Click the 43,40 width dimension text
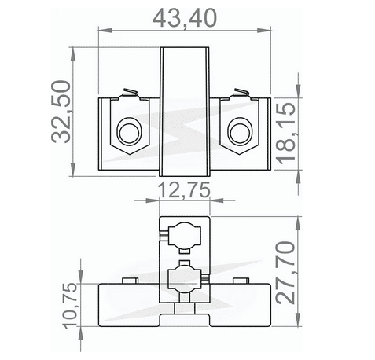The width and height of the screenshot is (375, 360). (184, 15)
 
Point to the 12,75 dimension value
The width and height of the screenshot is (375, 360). (184, 189)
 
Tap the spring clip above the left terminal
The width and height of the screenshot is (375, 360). (129, 95)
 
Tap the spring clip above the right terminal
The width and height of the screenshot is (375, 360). (240, 95)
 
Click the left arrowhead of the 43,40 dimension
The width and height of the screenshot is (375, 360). (101, 31)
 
